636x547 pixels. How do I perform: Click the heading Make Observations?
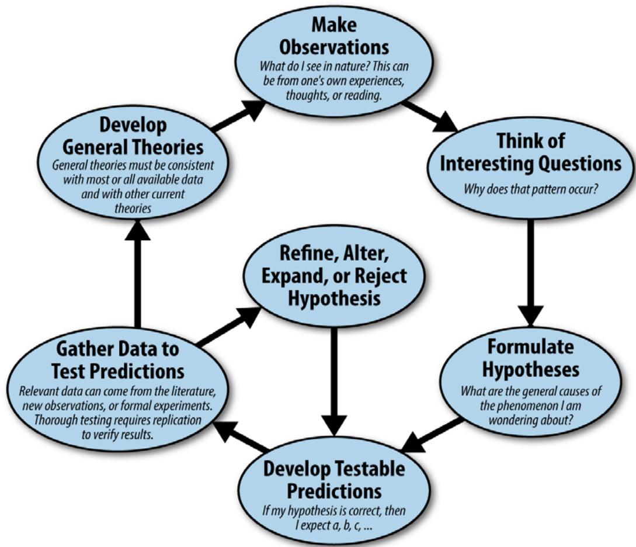[x=334, y=35]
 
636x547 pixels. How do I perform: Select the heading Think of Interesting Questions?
[x=530, y=153]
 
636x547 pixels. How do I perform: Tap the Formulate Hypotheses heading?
[x=530, y=358]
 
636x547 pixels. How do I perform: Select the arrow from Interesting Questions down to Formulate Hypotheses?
[x=530, y=269]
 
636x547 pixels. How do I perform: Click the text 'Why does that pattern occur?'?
[x=530, y=189]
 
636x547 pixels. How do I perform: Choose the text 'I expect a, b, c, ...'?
[x=333, y=524]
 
